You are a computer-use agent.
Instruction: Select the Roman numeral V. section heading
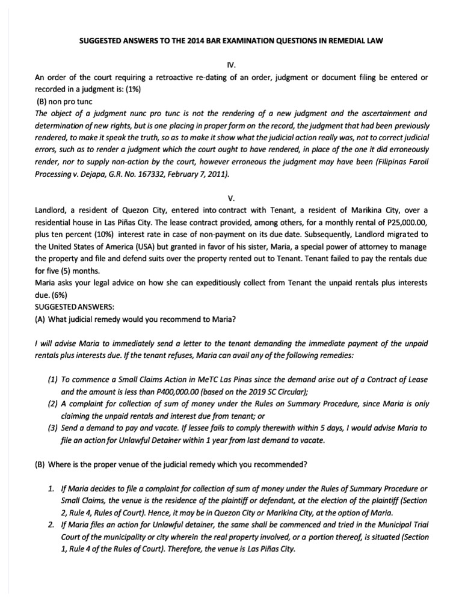click(x=230, y=197)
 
